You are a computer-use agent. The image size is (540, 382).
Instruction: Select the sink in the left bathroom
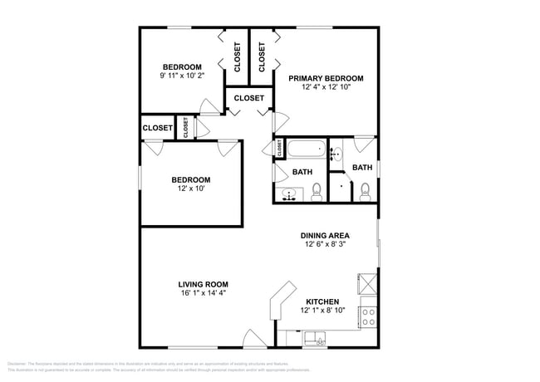[288, 194]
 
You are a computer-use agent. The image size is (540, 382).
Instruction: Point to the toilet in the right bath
[364, 193]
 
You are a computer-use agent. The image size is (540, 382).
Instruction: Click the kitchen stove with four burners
[368, 316]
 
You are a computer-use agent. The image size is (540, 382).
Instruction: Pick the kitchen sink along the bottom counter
[317, 337]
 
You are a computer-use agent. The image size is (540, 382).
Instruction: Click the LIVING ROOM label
[203, 284]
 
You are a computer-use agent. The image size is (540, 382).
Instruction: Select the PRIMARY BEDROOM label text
[326, 78]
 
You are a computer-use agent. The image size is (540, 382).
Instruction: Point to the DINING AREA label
[325, 235]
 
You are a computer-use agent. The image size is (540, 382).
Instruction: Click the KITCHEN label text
[322, 301]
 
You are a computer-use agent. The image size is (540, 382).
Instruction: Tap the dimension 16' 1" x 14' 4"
[203, 293]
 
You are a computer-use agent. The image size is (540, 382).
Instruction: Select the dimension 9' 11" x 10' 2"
[181, 76]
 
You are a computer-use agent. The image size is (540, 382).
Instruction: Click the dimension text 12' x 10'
[190, 189]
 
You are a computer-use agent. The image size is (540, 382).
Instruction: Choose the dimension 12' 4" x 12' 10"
[326, 87]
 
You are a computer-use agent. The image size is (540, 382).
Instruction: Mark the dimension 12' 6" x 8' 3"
[325, 244]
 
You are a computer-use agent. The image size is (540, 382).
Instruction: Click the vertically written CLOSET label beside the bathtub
[280, 148]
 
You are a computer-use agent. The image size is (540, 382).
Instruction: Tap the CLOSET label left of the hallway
[157, 128]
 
